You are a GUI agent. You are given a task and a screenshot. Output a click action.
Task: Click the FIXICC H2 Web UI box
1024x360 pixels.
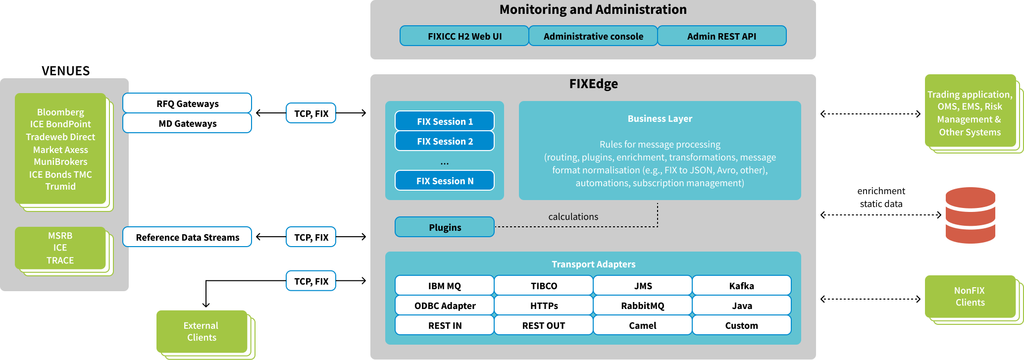464,36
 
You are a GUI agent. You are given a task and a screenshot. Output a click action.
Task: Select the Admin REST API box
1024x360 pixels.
721,36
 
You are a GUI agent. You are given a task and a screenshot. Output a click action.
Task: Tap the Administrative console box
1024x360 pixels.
593,36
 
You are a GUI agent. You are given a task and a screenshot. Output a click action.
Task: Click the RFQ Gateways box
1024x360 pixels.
187,103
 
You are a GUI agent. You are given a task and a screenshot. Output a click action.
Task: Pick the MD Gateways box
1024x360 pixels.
187,123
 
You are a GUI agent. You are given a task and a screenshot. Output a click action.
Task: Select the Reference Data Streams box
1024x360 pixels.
187,237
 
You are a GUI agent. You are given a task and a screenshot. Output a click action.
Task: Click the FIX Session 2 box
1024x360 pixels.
445,141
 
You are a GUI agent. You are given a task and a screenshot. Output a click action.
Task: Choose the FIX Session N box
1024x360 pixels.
445,181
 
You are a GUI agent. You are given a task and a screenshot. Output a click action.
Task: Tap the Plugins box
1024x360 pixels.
445,227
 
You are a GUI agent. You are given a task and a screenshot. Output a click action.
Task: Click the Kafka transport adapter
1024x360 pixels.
741,286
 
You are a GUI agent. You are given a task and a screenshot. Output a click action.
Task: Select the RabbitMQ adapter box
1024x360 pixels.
642,306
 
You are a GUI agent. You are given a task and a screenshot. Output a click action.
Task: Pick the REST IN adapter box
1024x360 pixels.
445,325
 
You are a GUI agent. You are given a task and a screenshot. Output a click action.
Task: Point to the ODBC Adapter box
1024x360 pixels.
445,306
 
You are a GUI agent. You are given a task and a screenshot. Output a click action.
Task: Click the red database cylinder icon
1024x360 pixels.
970,215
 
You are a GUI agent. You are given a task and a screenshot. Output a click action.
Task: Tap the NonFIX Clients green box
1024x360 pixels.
970,297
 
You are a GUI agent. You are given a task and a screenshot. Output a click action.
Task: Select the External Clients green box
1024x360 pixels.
201,332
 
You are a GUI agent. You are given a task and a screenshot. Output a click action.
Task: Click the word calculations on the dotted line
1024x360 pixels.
573,217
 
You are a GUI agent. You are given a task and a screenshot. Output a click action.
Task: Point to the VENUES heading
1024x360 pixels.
65,71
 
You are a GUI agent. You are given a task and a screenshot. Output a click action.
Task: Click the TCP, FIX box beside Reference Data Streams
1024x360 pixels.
311,237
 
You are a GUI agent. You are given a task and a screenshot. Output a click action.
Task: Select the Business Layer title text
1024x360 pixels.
660,119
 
